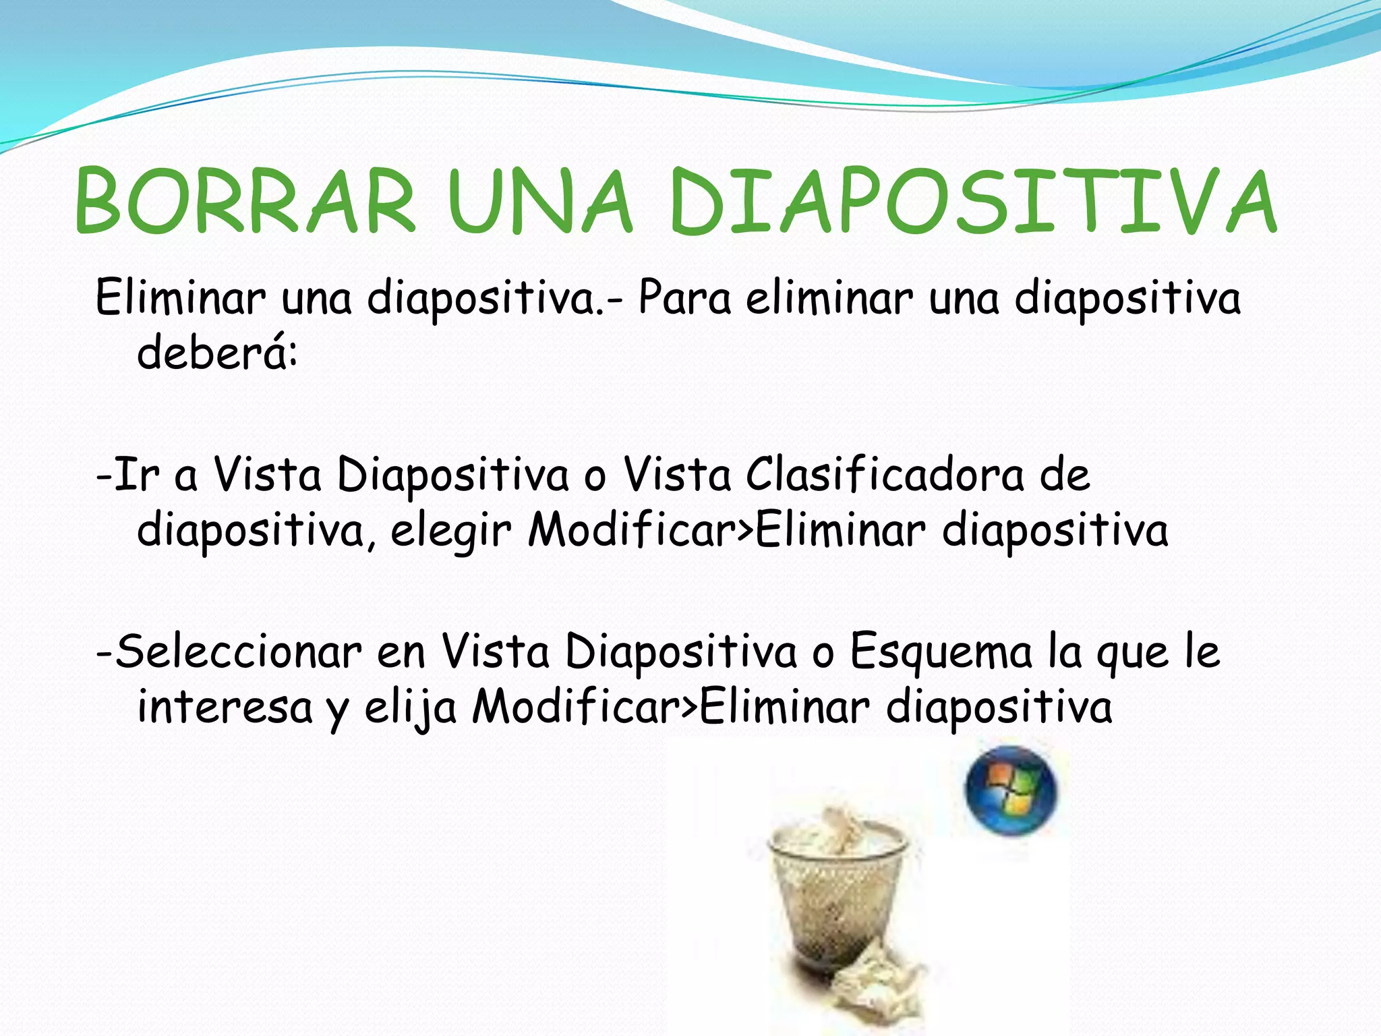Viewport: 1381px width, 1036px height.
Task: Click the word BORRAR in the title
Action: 245,202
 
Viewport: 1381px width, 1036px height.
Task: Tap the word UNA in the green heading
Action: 539,202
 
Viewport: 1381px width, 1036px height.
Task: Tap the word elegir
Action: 450,531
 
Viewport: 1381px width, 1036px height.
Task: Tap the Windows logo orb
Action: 1011,791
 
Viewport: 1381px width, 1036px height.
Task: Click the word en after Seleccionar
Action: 401,653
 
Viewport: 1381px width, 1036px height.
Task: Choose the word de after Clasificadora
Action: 1064,474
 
